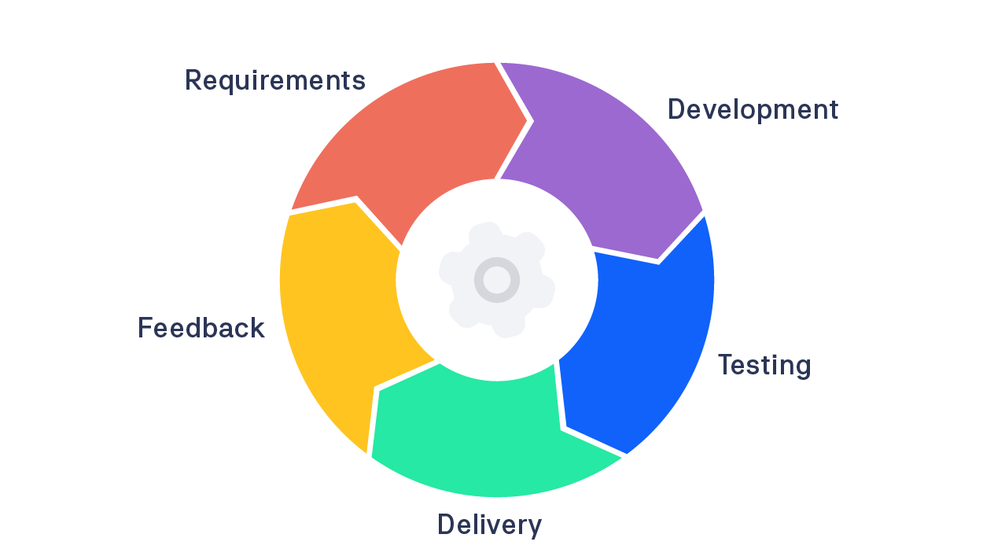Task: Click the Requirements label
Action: tap(274, 80)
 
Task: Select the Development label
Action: tap(753, 109)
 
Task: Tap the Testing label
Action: tap(764, 366)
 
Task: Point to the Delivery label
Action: tap(489, 525)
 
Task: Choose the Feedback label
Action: tap(201, 328)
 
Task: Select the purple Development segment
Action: tap(606, 157)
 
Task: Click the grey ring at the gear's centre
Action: tap(497, 279)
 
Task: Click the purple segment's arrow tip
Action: tap(659, 260)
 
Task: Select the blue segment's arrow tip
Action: tap(564, 428)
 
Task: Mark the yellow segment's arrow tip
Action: tap(355, 202)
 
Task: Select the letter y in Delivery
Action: tap(534, 528)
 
